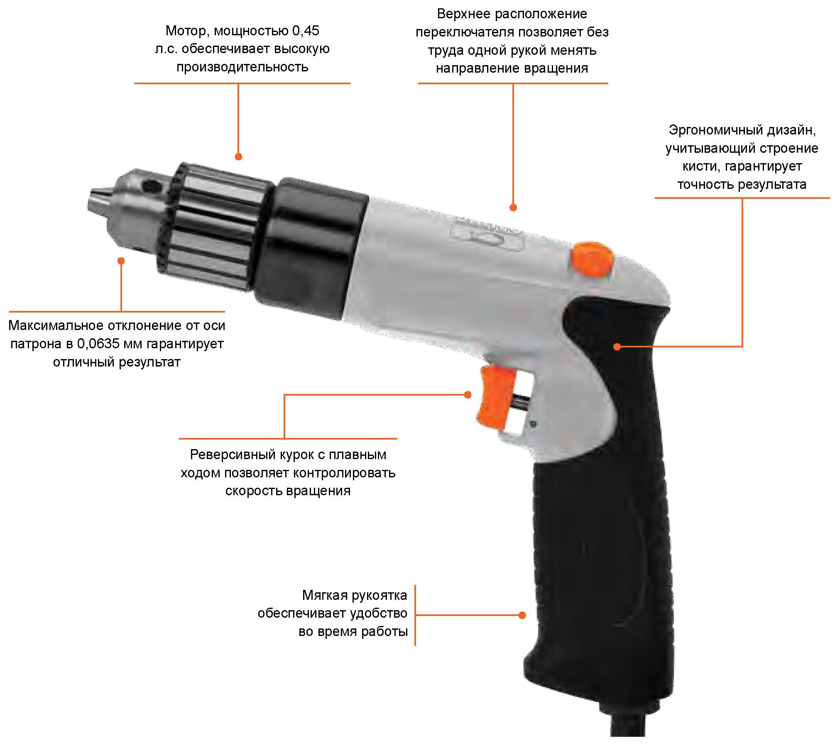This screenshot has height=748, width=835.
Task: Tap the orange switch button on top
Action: click(x=592, y=259)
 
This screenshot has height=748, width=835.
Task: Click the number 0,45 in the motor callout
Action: click(x=306, y=31)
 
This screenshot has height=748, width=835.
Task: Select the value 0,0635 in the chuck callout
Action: click(x=98, y=344)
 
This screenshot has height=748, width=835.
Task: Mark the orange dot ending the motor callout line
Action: click(x=238, y=156)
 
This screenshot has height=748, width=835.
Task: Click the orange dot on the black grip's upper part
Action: click(x=617, y=347)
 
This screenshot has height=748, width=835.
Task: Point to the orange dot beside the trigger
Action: click(x=468, y=395)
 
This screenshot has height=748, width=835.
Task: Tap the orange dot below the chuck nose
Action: click(x=121, y=261)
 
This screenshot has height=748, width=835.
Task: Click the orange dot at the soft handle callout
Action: click(x=522, y=615)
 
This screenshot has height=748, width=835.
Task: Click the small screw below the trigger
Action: click(x=533, y=424)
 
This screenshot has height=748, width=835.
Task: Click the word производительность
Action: click(x=242, y=67)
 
